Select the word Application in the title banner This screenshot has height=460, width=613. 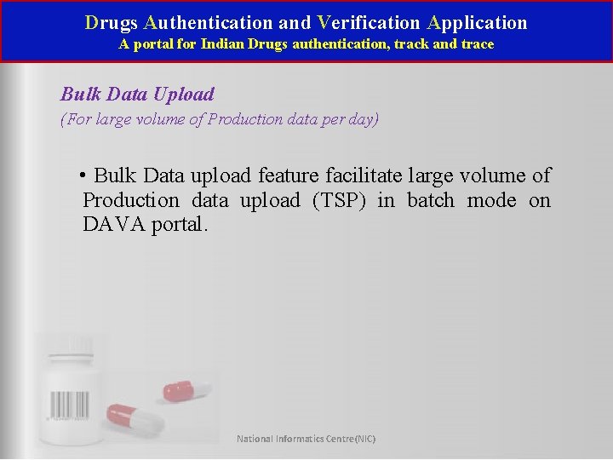tap(478, 23)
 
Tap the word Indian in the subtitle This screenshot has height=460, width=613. tap(221, 43)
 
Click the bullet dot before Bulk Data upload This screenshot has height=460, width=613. tap(83, 175)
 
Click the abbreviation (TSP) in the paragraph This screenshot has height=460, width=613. tap(340, 200)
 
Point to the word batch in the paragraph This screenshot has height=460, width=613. tap(432, 200)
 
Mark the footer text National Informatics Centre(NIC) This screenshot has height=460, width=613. tap(306, 439)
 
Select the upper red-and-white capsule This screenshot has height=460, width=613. tap(188, 389)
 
